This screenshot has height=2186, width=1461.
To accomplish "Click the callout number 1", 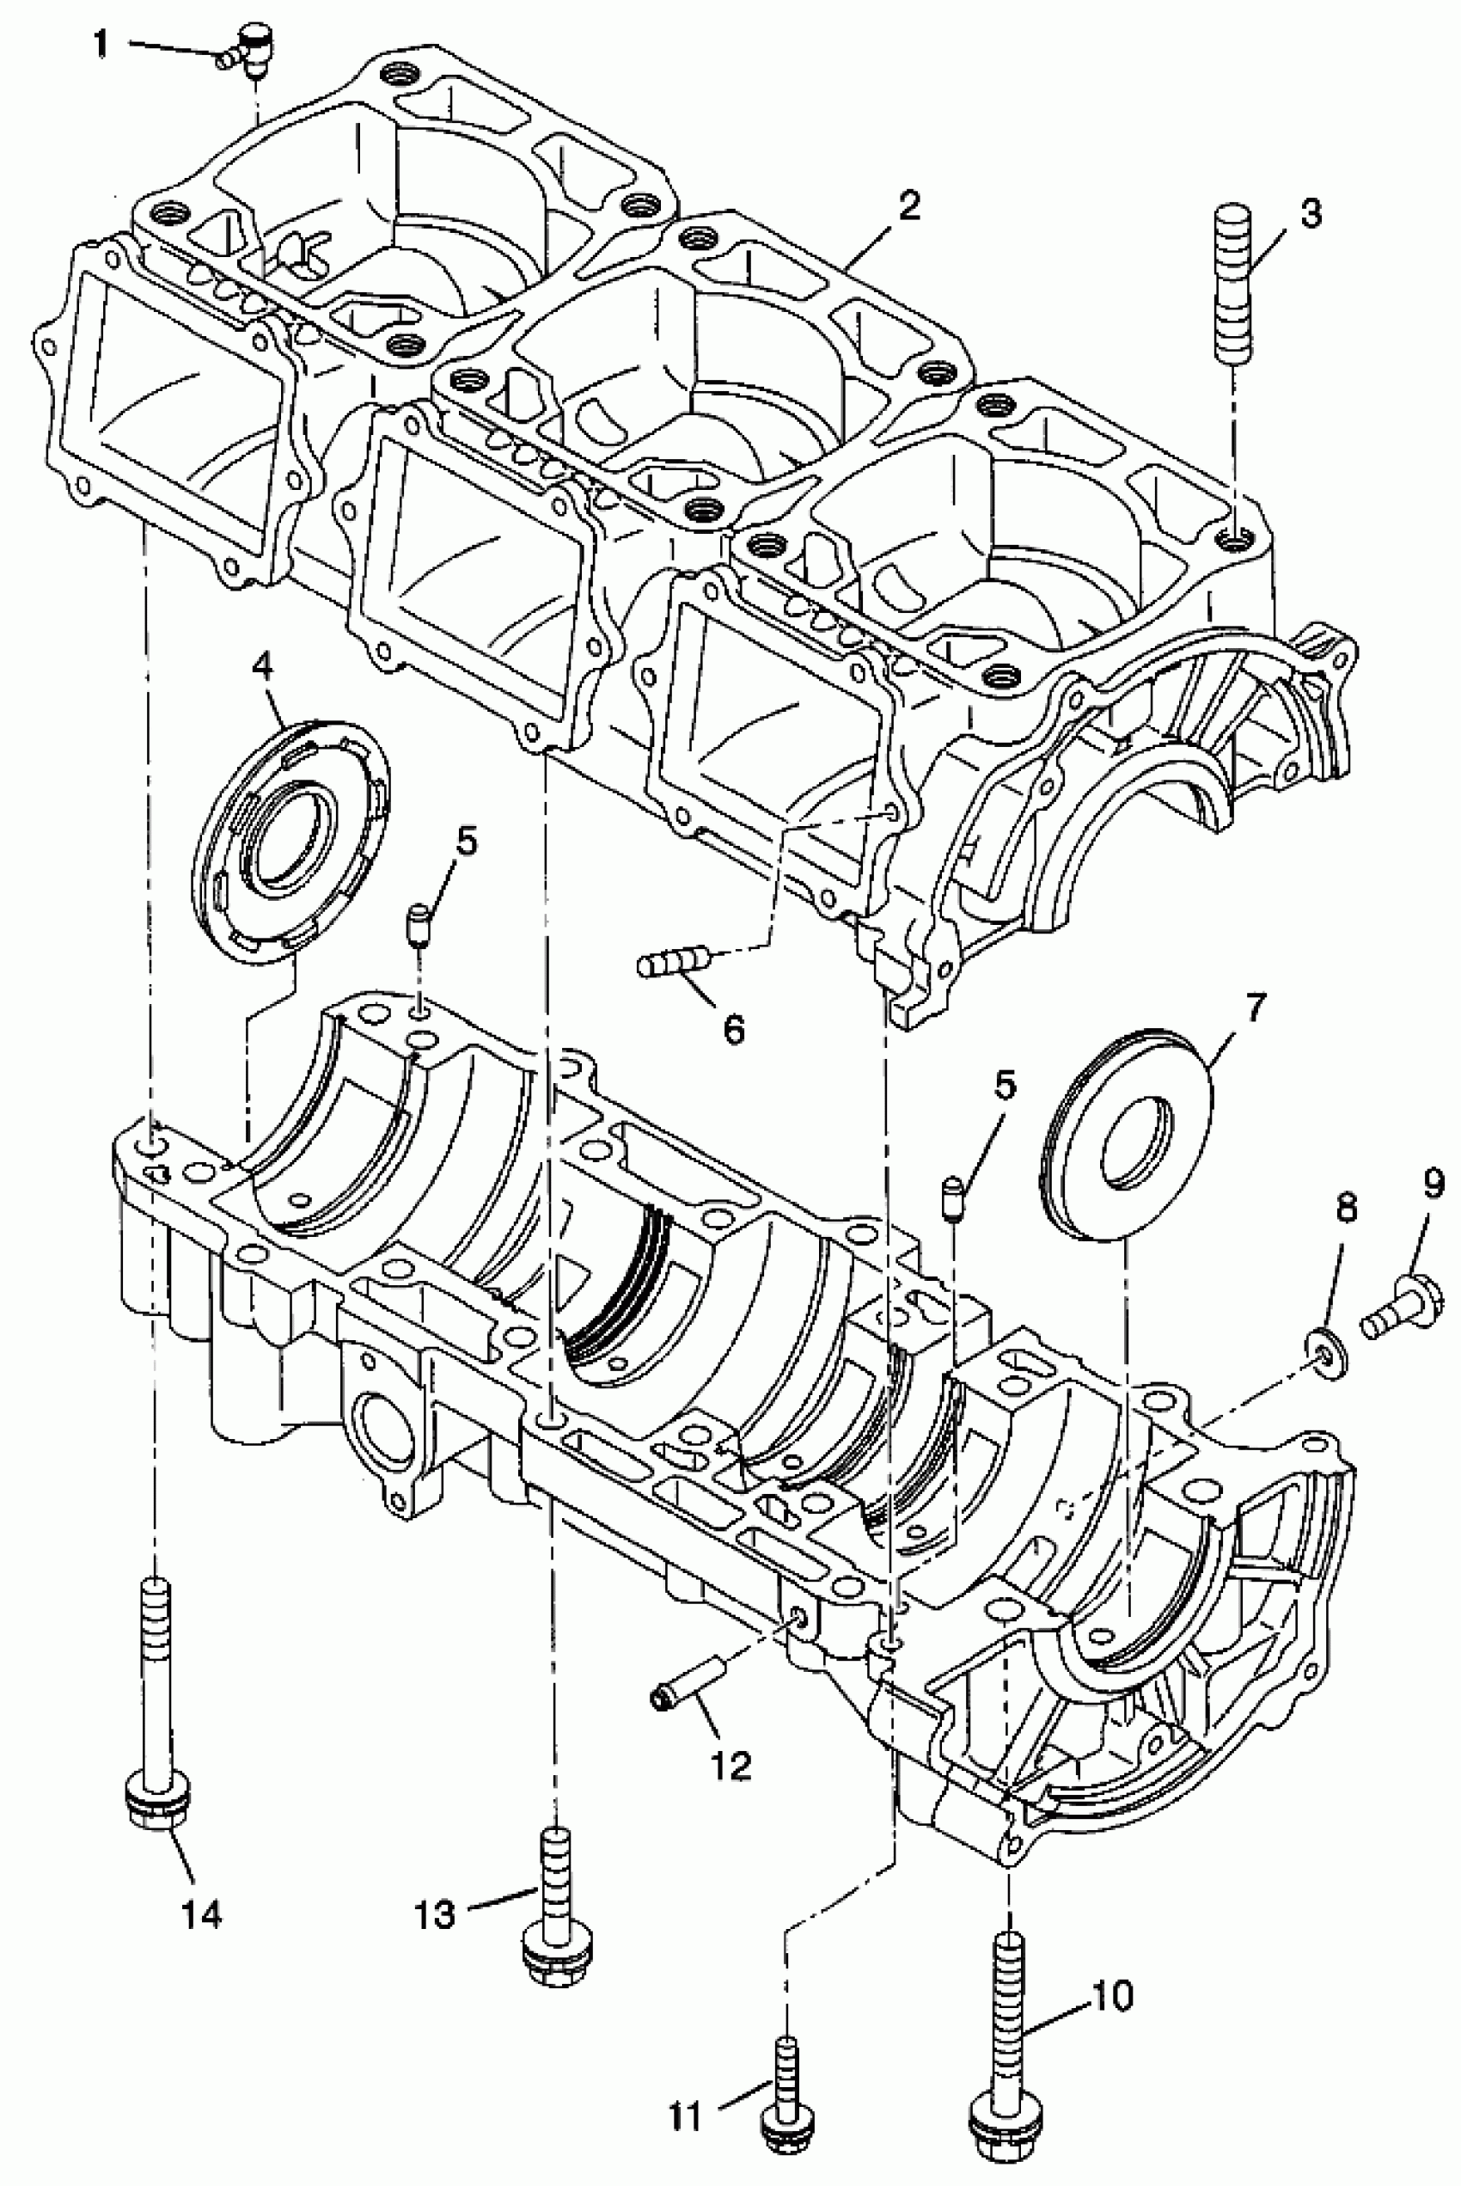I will pos(101,44).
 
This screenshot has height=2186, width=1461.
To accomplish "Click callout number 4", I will pos(263,667).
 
